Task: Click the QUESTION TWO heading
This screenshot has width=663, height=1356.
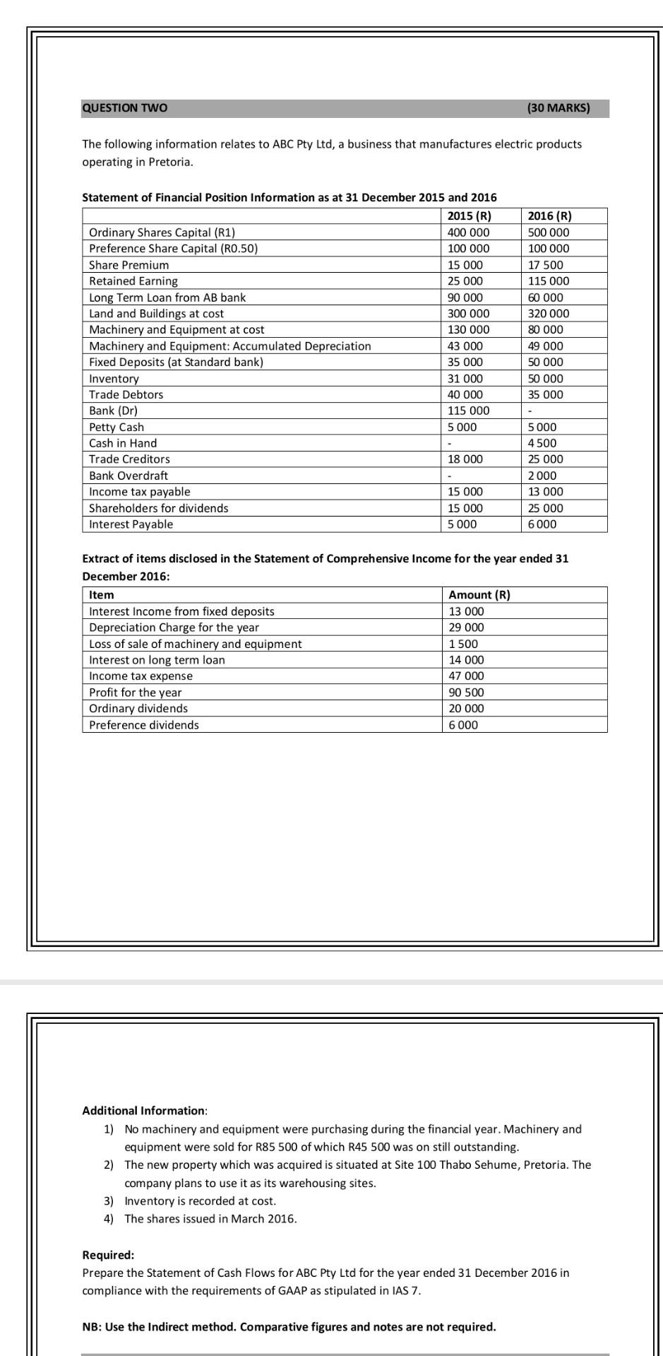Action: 125,108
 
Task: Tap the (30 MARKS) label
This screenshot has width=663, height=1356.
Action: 558,108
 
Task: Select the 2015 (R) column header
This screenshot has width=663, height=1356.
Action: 470,216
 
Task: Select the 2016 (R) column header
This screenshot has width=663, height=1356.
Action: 549,216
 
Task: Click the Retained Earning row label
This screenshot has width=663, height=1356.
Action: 133,281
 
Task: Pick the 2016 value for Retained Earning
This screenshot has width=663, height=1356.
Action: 549,281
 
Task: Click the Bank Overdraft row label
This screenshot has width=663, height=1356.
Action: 129,476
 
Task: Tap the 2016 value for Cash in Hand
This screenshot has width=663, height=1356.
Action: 542,444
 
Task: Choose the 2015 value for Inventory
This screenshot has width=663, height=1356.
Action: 465,379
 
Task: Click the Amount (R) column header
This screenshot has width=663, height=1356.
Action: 479,595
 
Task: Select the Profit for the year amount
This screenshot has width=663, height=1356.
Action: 467,692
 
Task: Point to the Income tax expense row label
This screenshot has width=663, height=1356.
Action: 141,676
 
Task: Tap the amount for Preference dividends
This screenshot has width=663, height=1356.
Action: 463,725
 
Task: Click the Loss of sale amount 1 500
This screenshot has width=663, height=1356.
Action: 463,644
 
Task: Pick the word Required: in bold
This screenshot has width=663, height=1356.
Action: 108,1255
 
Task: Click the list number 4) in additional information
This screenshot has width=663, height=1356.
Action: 109,1219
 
